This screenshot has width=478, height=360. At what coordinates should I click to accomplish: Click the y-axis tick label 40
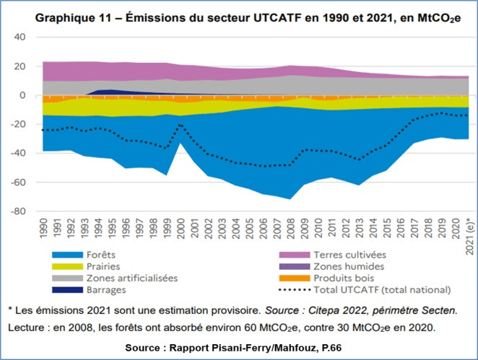click(20, 37)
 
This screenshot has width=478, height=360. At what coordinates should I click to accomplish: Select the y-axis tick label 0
click(22, 95)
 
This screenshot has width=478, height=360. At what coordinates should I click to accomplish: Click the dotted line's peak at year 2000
click(180, 124)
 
